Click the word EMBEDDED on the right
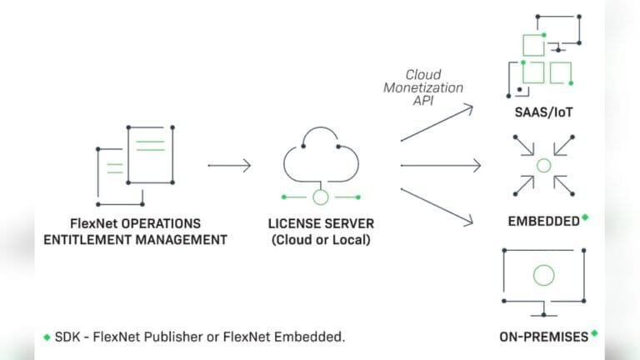click(543, 222)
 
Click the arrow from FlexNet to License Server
click(228, 165)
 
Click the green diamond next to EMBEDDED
click(585, 217)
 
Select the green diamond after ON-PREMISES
click(594, 332)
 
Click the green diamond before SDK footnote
click(47, 337)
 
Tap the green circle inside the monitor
click(543, 274)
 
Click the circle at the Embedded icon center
click(543, 165)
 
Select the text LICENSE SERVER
click(321, 223)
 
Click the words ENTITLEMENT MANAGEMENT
click(136, 240)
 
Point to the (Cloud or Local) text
click(321, 240)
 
